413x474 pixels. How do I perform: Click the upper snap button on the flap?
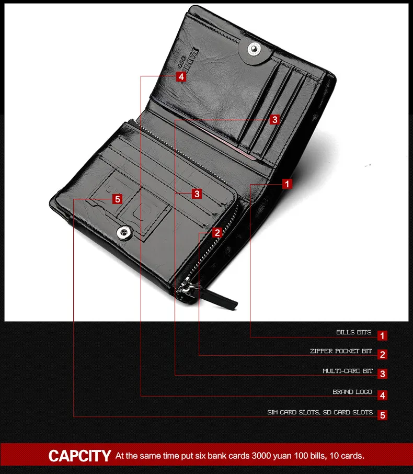click(x=254, y=49)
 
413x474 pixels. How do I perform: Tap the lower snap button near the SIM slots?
click(x=124, y=233)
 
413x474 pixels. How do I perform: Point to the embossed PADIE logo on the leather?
click(x=188, y=60)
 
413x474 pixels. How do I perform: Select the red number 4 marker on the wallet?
click(x=181, y=77)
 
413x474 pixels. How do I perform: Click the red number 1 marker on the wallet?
click(x=287, y=184)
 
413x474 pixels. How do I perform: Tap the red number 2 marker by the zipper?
click(x=217, y=233)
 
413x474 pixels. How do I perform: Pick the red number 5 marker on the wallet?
click(x=118, y=199)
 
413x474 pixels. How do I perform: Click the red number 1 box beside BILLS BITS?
click(x=382, y=335)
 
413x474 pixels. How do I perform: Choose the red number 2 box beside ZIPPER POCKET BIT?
click(x=382, y=354)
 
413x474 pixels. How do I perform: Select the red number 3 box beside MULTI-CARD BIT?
click(x=382, y=374)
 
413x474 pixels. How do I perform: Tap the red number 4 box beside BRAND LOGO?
click(x=382, y=395)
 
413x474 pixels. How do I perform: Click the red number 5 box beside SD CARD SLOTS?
click(x=382, y=415)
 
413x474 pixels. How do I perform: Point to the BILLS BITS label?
click(x=354, y=332)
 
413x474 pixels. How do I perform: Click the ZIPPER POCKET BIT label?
click(x=341, y=351)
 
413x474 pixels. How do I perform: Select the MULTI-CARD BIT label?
click(x=348, y=371)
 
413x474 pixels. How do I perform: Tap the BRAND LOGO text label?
click(x=352, y=392)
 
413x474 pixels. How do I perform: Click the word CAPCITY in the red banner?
click(x=80, y=456)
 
